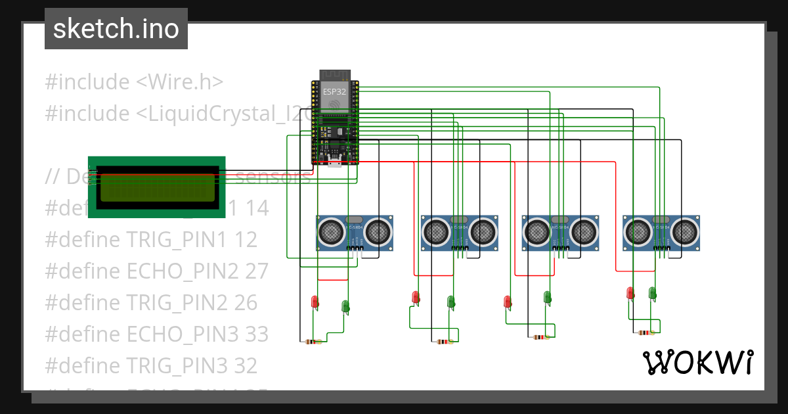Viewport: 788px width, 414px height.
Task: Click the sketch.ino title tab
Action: point(116,29)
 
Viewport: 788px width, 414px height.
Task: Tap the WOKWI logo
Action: point(697,362)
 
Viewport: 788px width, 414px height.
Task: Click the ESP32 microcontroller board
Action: point(335,122)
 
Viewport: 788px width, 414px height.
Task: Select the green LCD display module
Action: point(157,187)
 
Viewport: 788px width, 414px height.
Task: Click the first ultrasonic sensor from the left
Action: point(355,233)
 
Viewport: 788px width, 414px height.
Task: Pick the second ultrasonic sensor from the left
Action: point(459,233)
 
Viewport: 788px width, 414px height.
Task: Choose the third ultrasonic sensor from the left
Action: point(560,233)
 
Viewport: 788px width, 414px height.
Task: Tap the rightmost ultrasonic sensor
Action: point(661,233)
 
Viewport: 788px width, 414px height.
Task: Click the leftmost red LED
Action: point(315,302)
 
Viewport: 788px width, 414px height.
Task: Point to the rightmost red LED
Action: point(630,292)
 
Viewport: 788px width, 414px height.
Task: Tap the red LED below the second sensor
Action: point(416,297)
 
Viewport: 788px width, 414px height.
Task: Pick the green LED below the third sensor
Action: point(547,297)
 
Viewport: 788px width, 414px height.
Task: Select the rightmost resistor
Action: point(645,333)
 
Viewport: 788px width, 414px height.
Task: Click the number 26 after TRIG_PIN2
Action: point(246,302)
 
